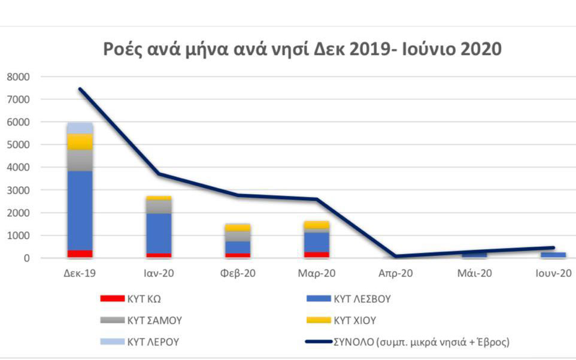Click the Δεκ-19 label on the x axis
(80, 274)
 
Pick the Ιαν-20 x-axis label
(159, 274)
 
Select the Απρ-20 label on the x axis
(396, 274)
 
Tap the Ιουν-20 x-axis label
(553, 274)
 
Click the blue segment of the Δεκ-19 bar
(80, 210)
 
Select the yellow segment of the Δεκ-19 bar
(80, 141)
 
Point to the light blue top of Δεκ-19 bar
(80, 128)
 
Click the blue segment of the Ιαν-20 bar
(159, 233)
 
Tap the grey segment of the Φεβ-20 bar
(238, 236)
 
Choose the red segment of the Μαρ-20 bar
(317, 255)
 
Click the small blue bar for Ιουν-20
(553, 255)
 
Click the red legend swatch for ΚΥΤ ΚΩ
(112, 298)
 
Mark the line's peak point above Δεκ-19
(80, 89)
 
